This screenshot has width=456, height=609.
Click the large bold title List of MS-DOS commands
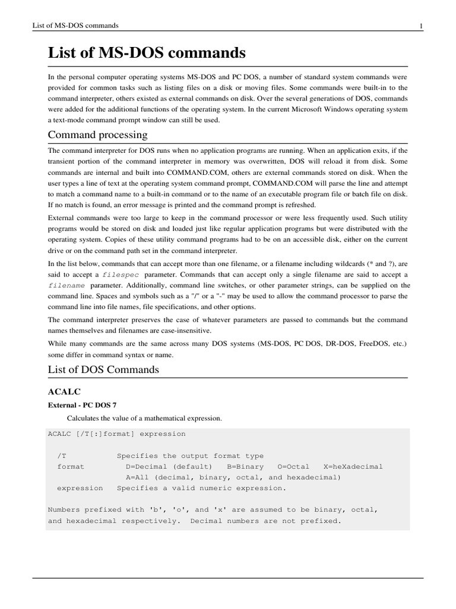tap(146, 53)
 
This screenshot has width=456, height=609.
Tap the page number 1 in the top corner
tap(420, 26)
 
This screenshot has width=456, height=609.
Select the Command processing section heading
tap(97, 134)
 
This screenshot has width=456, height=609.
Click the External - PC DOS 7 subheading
tap(82, 404)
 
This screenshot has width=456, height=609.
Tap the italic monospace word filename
tap(66, 285)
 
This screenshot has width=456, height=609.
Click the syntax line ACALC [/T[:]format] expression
tap(116, 434)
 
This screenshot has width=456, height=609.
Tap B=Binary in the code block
tap(245, 466)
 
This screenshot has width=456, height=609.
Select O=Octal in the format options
tap(295, 466)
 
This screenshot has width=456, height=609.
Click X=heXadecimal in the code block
tap(353, 466)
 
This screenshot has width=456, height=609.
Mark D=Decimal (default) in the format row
tap(169, 466)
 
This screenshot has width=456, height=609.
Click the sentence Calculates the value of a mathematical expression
tap(144, 418)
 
